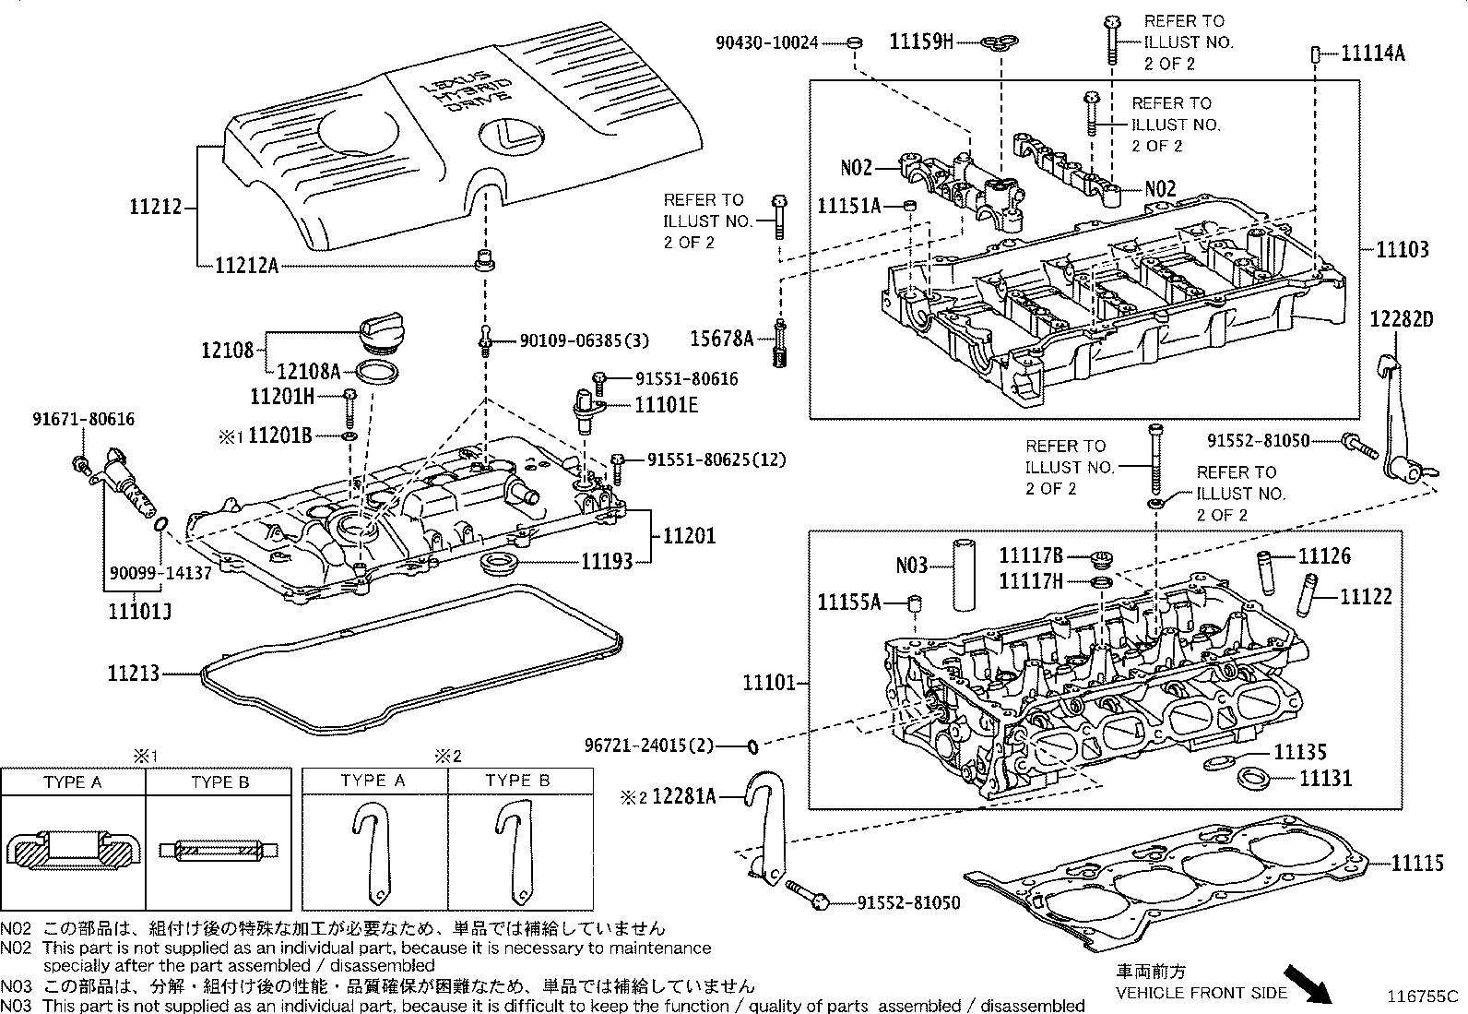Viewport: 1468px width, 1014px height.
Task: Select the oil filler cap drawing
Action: point(378,334)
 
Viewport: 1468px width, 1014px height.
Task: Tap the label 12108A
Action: point(309,371)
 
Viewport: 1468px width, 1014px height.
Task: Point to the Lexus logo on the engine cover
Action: point(505,136)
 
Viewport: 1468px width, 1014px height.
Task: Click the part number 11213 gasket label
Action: point(134,674)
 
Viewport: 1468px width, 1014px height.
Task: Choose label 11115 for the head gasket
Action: point(1417,864)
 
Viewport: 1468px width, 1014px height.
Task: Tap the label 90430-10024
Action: point(766,42)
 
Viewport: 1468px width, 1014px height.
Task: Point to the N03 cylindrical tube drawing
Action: point(965,573)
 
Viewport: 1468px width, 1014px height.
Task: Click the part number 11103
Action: point(1403,249)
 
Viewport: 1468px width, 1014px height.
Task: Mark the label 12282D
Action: point(1401,319)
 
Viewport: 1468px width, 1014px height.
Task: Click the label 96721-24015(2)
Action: point(649,746)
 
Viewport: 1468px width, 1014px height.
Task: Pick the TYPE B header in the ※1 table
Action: point(219,782)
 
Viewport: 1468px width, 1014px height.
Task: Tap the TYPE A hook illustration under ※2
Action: point(373,853)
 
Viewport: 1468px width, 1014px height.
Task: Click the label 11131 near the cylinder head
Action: point(1325,778)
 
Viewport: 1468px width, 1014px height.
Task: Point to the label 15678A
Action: point(722,340)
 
